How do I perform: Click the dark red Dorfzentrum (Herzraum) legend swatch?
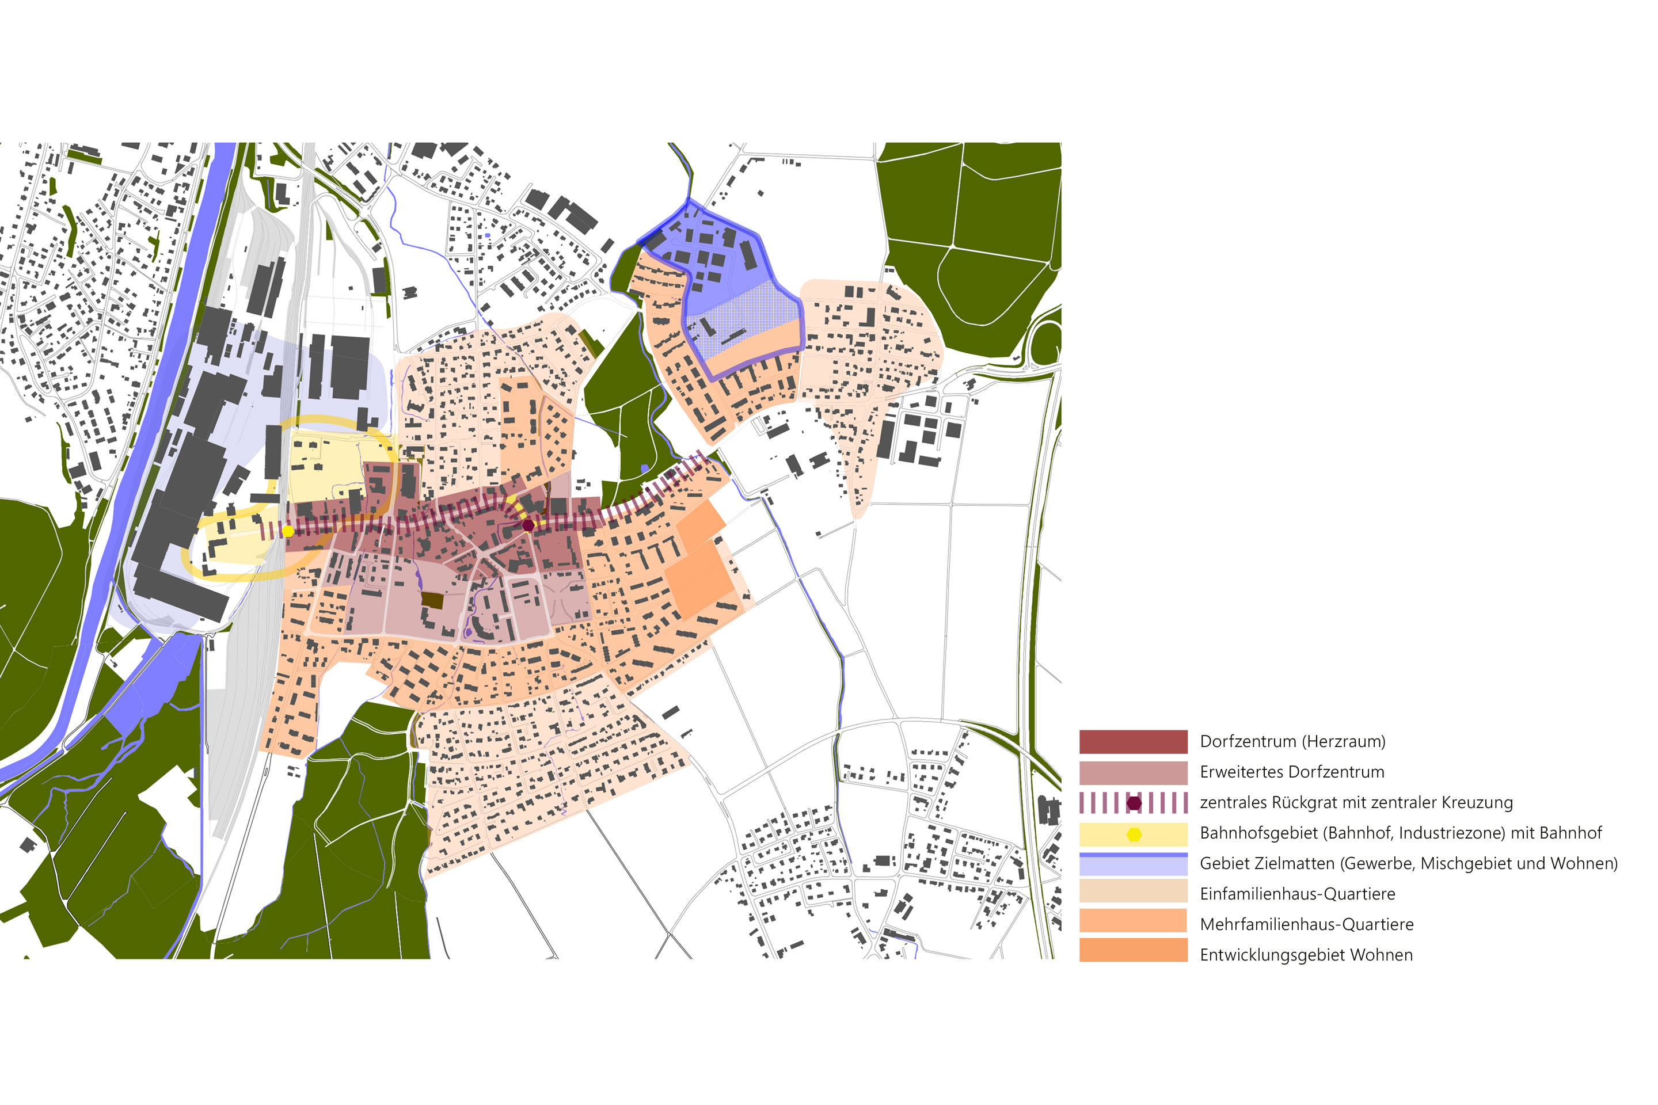tap(1133, 741)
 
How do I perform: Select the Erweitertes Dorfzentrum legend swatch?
tap(1133, 772)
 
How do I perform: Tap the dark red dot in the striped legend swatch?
tap(1134, 803)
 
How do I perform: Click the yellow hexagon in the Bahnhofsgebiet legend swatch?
tap(1134, 834)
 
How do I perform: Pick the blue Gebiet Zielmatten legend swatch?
tap(1133, 864)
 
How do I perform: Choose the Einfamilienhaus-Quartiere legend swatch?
tap(1133, 894)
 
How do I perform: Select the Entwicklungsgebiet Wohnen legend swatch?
tap(1133, 955)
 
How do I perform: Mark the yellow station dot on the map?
tap(288, 531)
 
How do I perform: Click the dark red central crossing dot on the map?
tap(528, 525)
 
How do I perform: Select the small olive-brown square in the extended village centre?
tap(432, 600)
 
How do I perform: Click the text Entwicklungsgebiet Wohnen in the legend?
tap(1306, 955)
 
